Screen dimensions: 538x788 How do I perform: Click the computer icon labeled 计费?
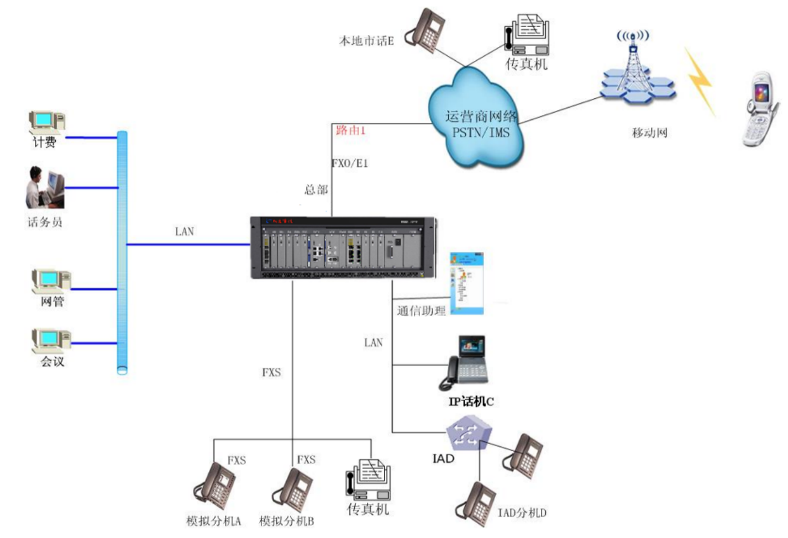point(46,123)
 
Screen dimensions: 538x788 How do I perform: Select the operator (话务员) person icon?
point(45,188)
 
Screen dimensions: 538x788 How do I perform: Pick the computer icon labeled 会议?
point(50,340)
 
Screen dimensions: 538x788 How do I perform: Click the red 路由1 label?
point(351,130)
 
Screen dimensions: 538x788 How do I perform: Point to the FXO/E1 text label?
point(350,163)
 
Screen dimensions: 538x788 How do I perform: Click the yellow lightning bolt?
point(700,81)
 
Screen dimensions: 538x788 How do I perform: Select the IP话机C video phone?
point(465,362)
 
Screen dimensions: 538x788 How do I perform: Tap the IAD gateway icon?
point(468,434)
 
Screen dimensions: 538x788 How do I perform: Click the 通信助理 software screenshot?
point(466,283)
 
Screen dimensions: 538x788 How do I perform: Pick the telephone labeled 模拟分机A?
point(216,485)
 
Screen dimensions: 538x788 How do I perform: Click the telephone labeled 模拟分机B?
point(293,489)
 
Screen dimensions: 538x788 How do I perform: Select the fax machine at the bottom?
point(368,479)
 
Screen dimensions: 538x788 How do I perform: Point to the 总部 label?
point(316,190)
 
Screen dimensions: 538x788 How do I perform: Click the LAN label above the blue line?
point(185,231)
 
